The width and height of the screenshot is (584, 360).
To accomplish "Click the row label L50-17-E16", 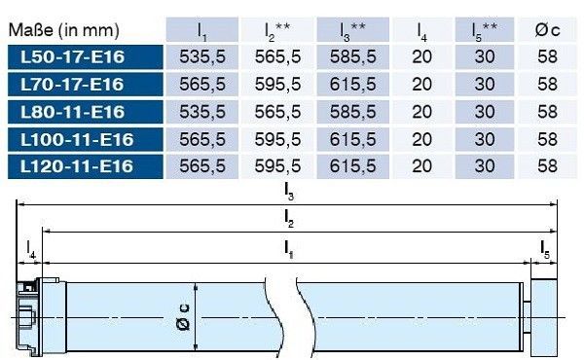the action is click(72, 57).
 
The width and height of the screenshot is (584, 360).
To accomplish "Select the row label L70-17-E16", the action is click(72, 84).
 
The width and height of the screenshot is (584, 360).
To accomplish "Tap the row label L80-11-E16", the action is click(72, 112).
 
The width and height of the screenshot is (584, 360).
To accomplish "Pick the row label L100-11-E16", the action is click(77, 139).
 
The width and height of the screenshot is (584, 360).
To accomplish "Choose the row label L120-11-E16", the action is click(76, 166).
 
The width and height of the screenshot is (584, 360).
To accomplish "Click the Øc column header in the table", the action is click(547, 30).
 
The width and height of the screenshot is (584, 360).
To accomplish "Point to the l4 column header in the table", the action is click(421, 31).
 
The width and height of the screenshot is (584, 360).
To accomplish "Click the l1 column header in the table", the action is click(201, 31).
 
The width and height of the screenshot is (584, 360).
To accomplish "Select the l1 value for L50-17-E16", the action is click(202, 57).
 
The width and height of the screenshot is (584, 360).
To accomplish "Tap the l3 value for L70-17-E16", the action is click(352, 84).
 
